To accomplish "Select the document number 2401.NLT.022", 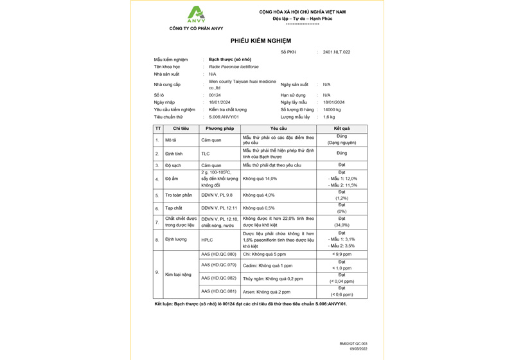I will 337,52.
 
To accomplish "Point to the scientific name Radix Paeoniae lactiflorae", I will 234,67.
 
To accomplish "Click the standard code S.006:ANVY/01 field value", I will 224,118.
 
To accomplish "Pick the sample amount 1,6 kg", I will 329,118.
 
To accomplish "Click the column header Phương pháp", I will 219,129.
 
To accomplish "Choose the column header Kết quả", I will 341,129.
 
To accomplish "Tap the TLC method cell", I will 206,154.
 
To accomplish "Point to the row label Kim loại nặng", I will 178,274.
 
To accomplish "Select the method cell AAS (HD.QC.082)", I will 218,278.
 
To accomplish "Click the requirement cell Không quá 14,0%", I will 260,179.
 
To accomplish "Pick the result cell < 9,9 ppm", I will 341,255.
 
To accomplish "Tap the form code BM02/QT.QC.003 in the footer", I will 354,344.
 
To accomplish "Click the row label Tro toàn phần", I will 179,195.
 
